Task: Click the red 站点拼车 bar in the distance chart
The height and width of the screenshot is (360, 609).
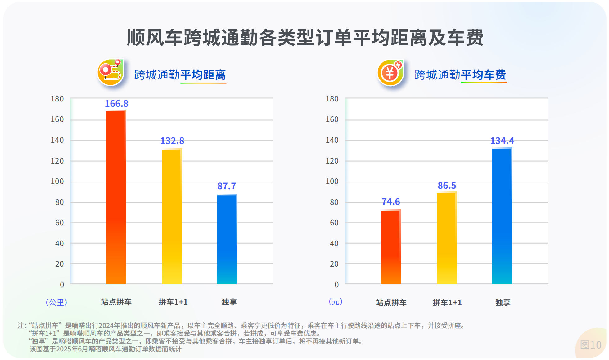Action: (x=116, y=197)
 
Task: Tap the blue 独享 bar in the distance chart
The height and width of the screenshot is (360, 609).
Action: (x=227, y=239)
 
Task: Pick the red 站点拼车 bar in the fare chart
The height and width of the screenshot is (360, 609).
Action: (x=390, y=247)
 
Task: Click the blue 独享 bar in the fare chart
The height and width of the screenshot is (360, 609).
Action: (x=502, y=216)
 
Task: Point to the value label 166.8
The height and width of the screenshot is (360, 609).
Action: (x=116, y=104)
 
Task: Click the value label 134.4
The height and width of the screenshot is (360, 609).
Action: (x=502, y=141)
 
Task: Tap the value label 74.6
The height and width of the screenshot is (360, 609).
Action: (x=390, y=202)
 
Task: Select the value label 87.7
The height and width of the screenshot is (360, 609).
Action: (x=227, y=186)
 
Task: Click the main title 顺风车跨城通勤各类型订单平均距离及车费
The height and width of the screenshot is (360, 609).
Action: (x=305, y=38)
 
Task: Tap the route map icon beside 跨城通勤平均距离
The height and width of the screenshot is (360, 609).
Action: (x=111, y=73)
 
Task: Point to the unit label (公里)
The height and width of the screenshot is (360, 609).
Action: (x=56, y=302)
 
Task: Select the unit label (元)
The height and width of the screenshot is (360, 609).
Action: (x=335, y=302)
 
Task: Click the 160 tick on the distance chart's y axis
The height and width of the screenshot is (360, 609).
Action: (x=57, y=119)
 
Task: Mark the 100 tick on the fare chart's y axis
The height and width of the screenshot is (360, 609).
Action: (x=332, y=182)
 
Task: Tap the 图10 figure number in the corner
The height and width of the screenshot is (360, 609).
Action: (x=590, y=345)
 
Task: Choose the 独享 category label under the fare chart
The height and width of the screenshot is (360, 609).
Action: (x=503, y=303)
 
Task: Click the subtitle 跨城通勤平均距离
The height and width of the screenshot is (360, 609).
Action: (x=180, y=75)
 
